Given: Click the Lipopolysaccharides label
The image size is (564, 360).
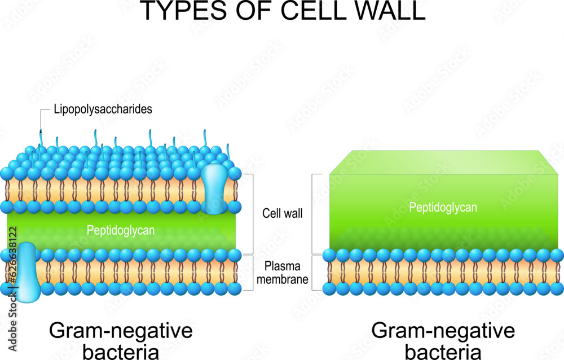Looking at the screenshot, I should [x=103, y=109].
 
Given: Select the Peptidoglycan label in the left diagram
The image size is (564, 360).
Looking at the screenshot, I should [x=121, y=230].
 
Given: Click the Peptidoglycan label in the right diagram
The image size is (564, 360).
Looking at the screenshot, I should [x=443, y=208].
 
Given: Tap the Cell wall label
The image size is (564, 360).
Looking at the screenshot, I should [x=283, y=214].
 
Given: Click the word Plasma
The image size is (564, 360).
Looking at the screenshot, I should [x=283, y=266].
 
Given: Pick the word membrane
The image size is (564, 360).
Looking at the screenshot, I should [x=283, y=279].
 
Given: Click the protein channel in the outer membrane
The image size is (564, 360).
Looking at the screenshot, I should [x=214, y=188].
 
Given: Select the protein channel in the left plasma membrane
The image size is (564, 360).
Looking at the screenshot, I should [x=26, y=274].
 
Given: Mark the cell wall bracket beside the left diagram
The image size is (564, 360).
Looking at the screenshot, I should [x=250, y=214].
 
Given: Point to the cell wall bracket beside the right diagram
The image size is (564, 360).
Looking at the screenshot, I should [x=315, y=214].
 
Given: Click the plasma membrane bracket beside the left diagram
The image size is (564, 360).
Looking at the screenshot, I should [x=250, y=273].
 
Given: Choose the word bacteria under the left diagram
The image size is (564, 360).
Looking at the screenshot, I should [x=121, y=352].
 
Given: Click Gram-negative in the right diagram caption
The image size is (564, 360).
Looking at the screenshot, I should [x=443, y=331].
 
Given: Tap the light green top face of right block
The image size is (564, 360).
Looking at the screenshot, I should [x=443, y=162].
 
